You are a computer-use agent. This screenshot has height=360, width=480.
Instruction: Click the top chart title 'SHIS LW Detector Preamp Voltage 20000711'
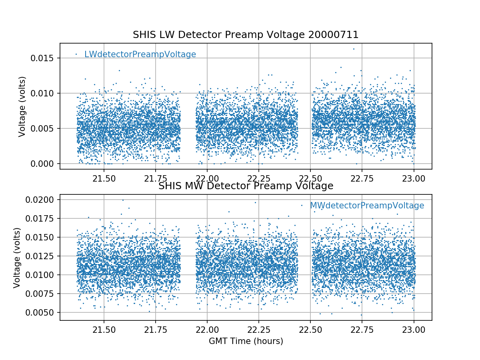[246, 35]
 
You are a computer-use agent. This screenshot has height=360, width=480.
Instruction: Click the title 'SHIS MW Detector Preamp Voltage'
[246, 186]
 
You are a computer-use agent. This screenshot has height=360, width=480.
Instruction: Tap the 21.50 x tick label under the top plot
[104, 177]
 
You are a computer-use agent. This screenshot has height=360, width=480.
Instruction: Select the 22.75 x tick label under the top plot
[362, 177]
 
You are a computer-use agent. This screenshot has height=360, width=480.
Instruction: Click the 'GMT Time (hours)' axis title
[246, 341]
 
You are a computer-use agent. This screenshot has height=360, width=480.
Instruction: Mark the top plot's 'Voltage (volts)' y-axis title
[22, 106]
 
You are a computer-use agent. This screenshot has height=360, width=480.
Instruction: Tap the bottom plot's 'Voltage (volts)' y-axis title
[17, 258]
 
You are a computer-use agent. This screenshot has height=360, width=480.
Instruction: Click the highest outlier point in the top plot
[354, 49]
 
